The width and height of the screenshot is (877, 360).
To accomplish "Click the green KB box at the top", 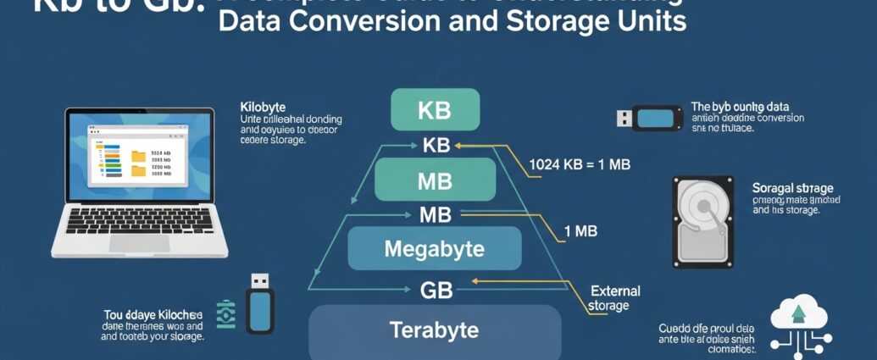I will pos(435,110).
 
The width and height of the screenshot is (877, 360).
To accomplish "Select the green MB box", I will pos(434,180).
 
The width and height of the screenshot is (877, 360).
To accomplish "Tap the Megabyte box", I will pos(434,249).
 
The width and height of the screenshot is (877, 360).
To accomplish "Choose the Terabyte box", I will pos(434,330).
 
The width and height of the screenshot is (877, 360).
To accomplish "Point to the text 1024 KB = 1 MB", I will pos(579,163).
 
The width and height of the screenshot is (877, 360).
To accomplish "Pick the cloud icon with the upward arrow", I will pos(797,314).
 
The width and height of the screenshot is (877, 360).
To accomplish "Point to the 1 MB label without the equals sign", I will pos(580,230).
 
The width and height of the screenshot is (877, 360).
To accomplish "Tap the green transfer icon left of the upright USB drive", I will pos(225,313).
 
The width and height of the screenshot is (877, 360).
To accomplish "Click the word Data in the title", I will pos(247,21).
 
